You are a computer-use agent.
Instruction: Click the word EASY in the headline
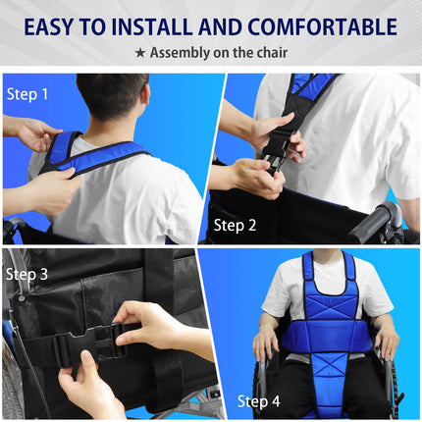48,26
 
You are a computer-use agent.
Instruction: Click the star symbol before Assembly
140,53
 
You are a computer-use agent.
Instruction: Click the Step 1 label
27,94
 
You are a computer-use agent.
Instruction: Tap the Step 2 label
235,226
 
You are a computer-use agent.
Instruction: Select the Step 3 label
26,274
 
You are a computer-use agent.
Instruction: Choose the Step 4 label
259,401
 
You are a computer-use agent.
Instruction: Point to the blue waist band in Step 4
327,337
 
